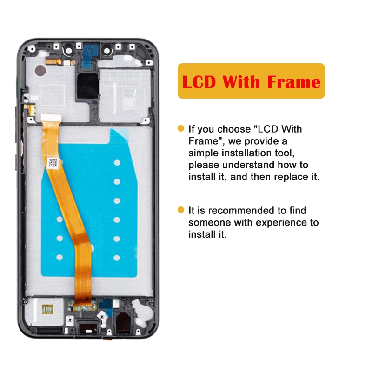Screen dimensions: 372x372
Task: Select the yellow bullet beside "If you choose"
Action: pyautogui.click(x=181, y=128)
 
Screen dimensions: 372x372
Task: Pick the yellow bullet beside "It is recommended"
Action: pyautogui.click(x=181, y=210)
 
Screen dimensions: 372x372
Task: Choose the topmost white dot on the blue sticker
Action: pyautogui.click(x=117, y=163)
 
